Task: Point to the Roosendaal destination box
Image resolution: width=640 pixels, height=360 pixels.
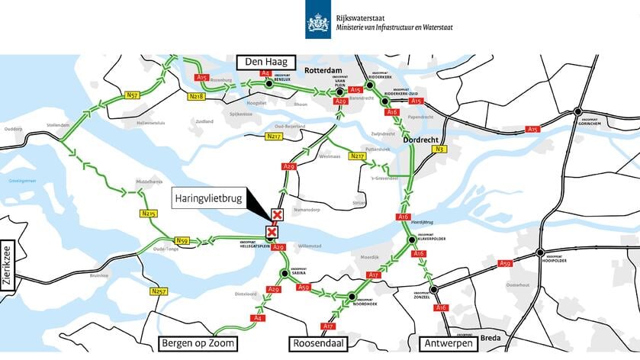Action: click(x=320, y=343)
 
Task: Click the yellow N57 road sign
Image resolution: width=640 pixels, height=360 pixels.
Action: click(x=133, y=95)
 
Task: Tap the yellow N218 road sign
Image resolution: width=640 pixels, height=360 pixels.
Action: click(x=196, y=96)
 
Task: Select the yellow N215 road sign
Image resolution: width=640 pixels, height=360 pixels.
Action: click(x=148, y=214)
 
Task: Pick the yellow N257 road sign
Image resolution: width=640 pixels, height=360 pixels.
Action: click(x=159, y=291)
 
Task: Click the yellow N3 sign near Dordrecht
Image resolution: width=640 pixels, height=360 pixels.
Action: click(x=439, y=149)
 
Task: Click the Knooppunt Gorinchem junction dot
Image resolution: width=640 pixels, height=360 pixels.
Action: click(x=577, y=111)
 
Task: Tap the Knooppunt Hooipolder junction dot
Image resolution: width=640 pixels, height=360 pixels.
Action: click(x=540, y=252)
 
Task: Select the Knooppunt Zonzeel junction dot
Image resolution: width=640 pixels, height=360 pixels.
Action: click(x=433, y=290)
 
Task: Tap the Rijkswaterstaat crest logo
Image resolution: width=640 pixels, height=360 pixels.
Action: click(x=317, y=24)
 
